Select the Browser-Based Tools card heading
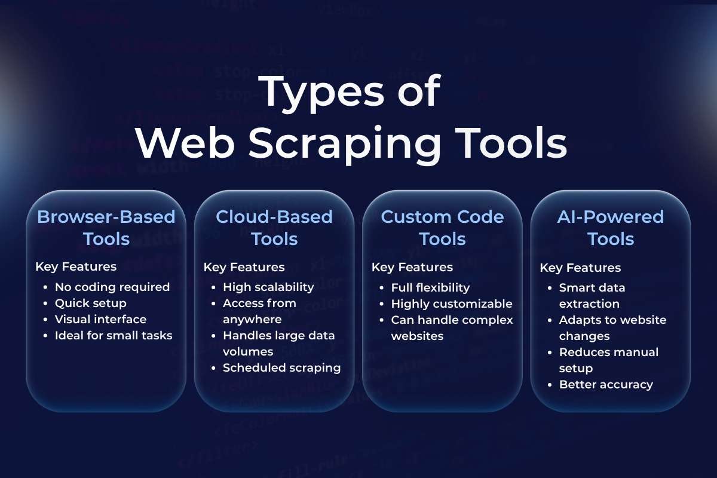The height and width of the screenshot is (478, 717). [x=106, y=227]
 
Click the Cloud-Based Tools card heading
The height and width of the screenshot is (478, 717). [x=274, y=227]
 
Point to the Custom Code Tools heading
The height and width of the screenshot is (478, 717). [x=442, y=227]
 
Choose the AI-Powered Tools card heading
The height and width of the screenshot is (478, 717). [x=610, y=227]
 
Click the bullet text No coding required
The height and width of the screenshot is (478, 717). [x=112, y=287]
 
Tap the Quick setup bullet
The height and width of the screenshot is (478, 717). [x=91, y=303]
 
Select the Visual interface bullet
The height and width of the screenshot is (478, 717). [x=100, y=319]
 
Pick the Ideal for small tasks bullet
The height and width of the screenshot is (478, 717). [x=114, y=335]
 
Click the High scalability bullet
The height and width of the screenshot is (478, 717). [x=268, y=287]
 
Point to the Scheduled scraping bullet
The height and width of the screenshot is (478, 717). [x=281, y=367]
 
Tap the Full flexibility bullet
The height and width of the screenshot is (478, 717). [x=430, y=287]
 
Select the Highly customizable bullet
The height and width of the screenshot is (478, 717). [x=452, y=304]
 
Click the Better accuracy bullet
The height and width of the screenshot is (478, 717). [x=606, y=384]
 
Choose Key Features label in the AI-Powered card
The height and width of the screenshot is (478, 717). [x=580, y=268]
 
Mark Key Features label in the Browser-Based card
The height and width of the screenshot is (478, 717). [x=76, y=266]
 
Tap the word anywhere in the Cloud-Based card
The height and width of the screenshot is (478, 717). [x=252, y=319]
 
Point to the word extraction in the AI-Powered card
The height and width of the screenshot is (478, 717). [x=589, y=304]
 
